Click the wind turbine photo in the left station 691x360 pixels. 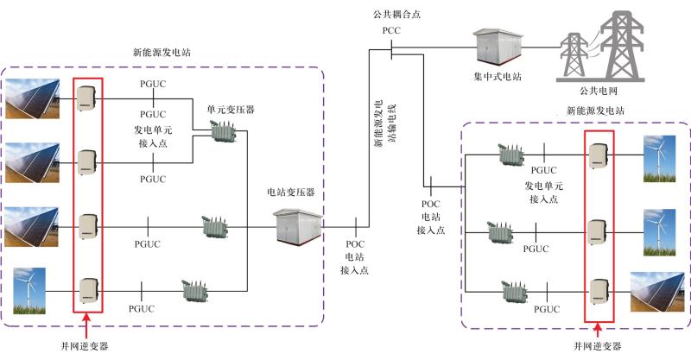[x=29, y=291]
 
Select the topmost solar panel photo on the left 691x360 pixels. [x=32, y=98]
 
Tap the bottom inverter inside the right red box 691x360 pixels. [x=597, y=290]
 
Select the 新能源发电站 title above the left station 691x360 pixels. [x=161, y=52]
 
